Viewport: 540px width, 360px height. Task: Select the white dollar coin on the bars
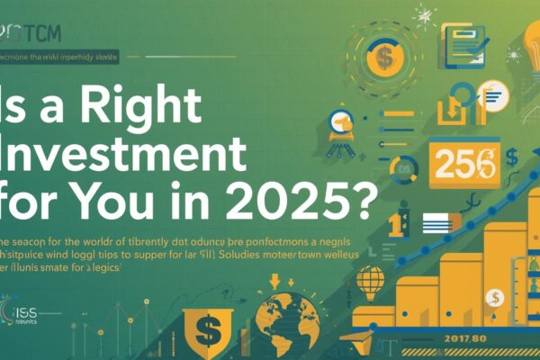click(x=492, y=298)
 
